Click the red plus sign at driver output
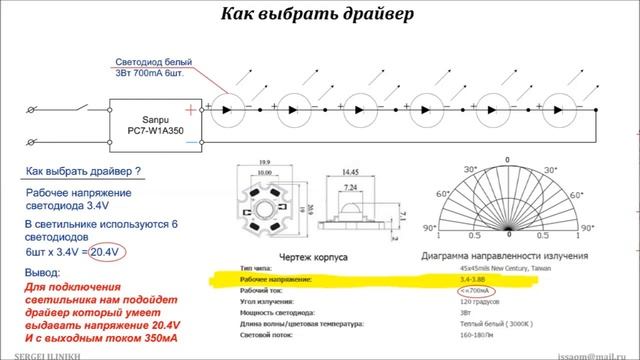pos(205,105)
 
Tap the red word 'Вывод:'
pos(42,272)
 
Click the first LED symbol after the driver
pos(231,104)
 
